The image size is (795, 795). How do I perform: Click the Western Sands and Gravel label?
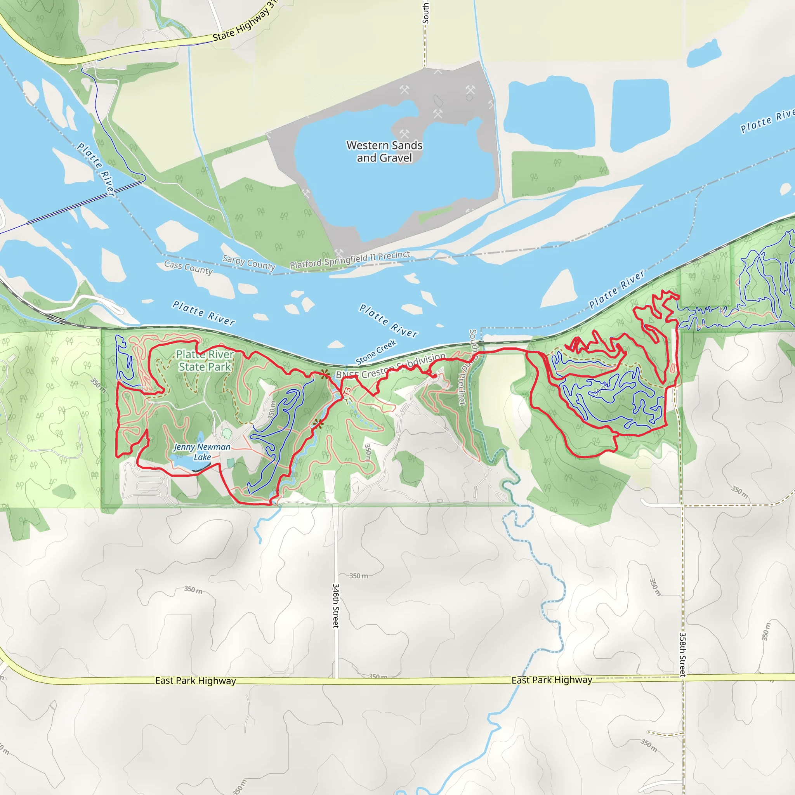point(384,151)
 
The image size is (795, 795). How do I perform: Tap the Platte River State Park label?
point(205,361)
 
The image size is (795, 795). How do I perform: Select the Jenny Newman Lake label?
point(202,452)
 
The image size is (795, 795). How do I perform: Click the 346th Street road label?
point(336,605)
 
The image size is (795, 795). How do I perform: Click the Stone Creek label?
point(376,352)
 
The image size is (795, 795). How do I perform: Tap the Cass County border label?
point(188,267)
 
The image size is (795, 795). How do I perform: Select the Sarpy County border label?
point(248,262)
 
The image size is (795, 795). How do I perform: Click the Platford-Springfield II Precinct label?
point(350,260)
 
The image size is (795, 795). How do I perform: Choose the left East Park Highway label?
point(196,680)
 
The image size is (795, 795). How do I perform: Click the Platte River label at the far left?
point(95,169)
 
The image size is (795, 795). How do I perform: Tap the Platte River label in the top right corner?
point(766,120)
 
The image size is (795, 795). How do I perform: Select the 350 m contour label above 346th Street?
point(358,576)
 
